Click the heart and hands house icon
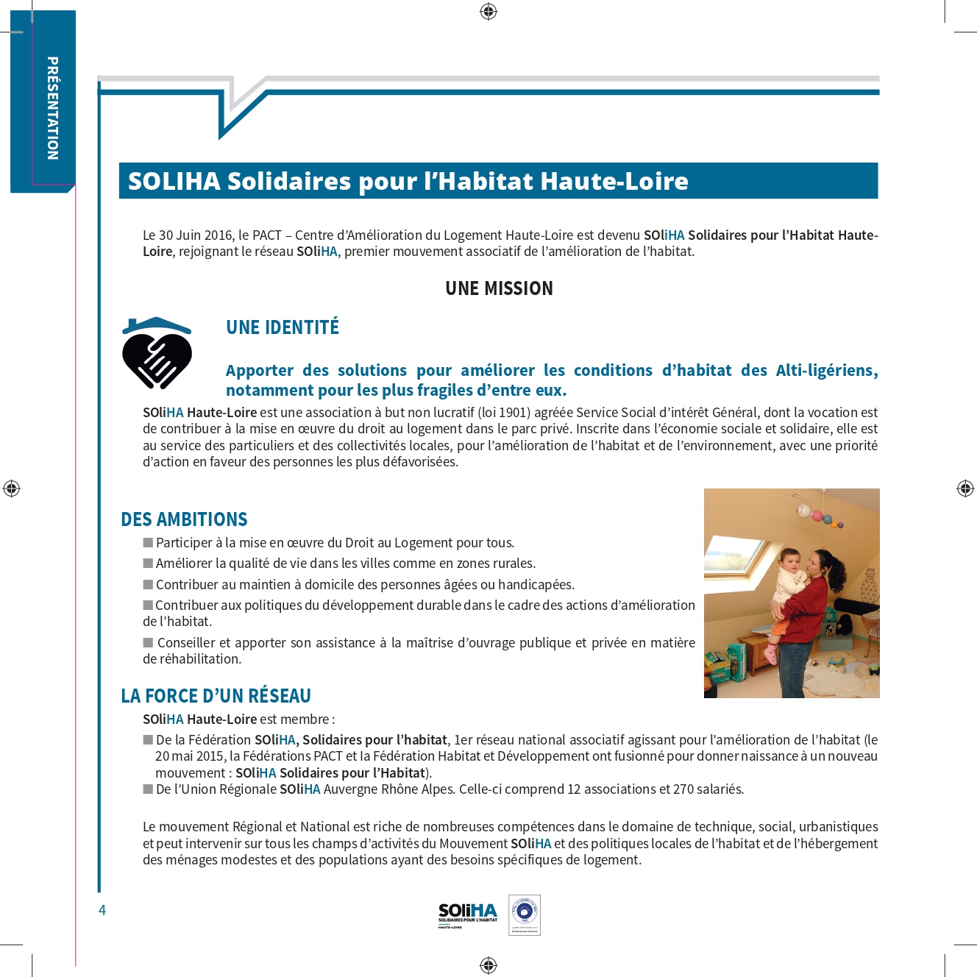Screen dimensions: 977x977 (157, 353)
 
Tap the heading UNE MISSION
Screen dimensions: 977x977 (499, 288)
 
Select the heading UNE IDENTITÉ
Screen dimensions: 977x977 (283, 327)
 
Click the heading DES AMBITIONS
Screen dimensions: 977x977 (184, 519)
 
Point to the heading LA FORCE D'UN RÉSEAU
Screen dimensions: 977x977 (216, 696)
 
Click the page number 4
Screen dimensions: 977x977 (102, 910)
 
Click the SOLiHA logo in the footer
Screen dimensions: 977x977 (468, 914)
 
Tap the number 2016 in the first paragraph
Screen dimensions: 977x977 (218, 235)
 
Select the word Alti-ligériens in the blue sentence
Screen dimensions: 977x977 (825, 371)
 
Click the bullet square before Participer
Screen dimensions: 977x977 (148, 543)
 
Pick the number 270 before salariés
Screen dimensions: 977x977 (683, 789)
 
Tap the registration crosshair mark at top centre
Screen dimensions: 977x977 (489, 12)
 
